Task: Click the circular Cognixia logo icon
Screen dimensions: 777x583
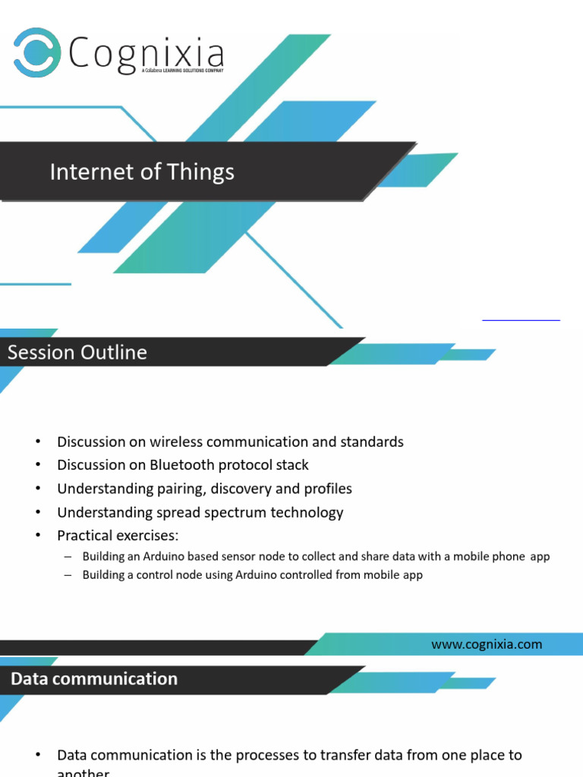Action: click(37, 52)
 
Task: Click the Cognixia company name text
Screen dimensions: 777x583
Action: click(147, 55)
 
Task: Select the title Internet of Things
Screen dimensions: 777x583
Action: click(142, 172)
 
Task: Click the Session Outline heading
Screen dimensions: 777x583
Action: click(77, 353)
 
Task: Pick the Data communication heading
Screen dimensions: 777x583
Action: click(94, 679)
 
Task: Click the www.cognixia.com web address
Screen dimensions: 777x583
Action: click(487, 645)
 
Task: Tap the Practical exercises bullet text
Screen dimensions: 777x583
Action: click(118, 536)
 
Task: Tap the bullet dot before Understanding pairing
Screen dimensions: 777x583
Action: click(37, 489)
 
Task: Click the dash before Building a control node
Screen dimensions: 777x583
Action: click(67, 575)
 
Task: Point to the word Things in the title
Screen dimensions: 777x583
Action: click(200, 172)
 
